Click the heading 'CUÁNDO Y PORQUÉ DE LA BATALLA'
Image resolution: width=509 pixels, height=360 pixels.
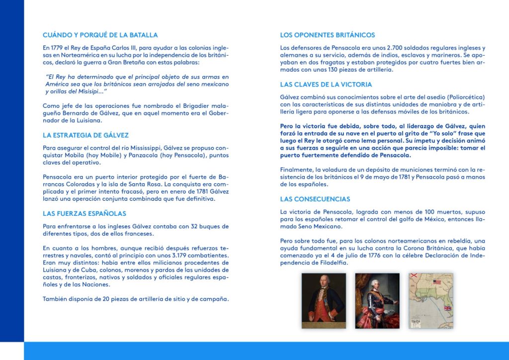(x=100, y=35)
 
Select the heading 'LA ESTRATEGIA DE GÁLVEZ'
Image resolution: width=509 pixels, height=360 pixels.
(x=85, y=135)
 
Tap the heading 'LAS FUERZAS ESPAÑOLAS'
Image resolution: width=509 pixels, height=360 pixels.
(x=85, y=214)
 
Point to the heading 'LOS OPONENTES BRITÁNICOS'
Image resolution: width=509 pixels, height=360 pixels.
(x=327, y=35)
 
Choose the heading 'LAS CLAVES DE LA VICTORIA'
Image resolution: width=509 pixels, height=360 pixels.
(x=326, y=85)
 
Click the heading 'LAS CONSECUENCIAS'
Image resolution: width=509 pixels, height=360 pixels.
(x=315, y=199)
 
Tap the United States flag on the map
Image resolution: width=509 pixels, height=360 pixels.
(x=437, y=282)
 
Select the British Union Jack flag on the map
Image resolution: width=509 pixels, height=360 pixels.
(x=447, y=309)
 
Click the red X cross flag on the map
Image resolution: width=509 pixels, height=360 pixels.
(x=413, y=276)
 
